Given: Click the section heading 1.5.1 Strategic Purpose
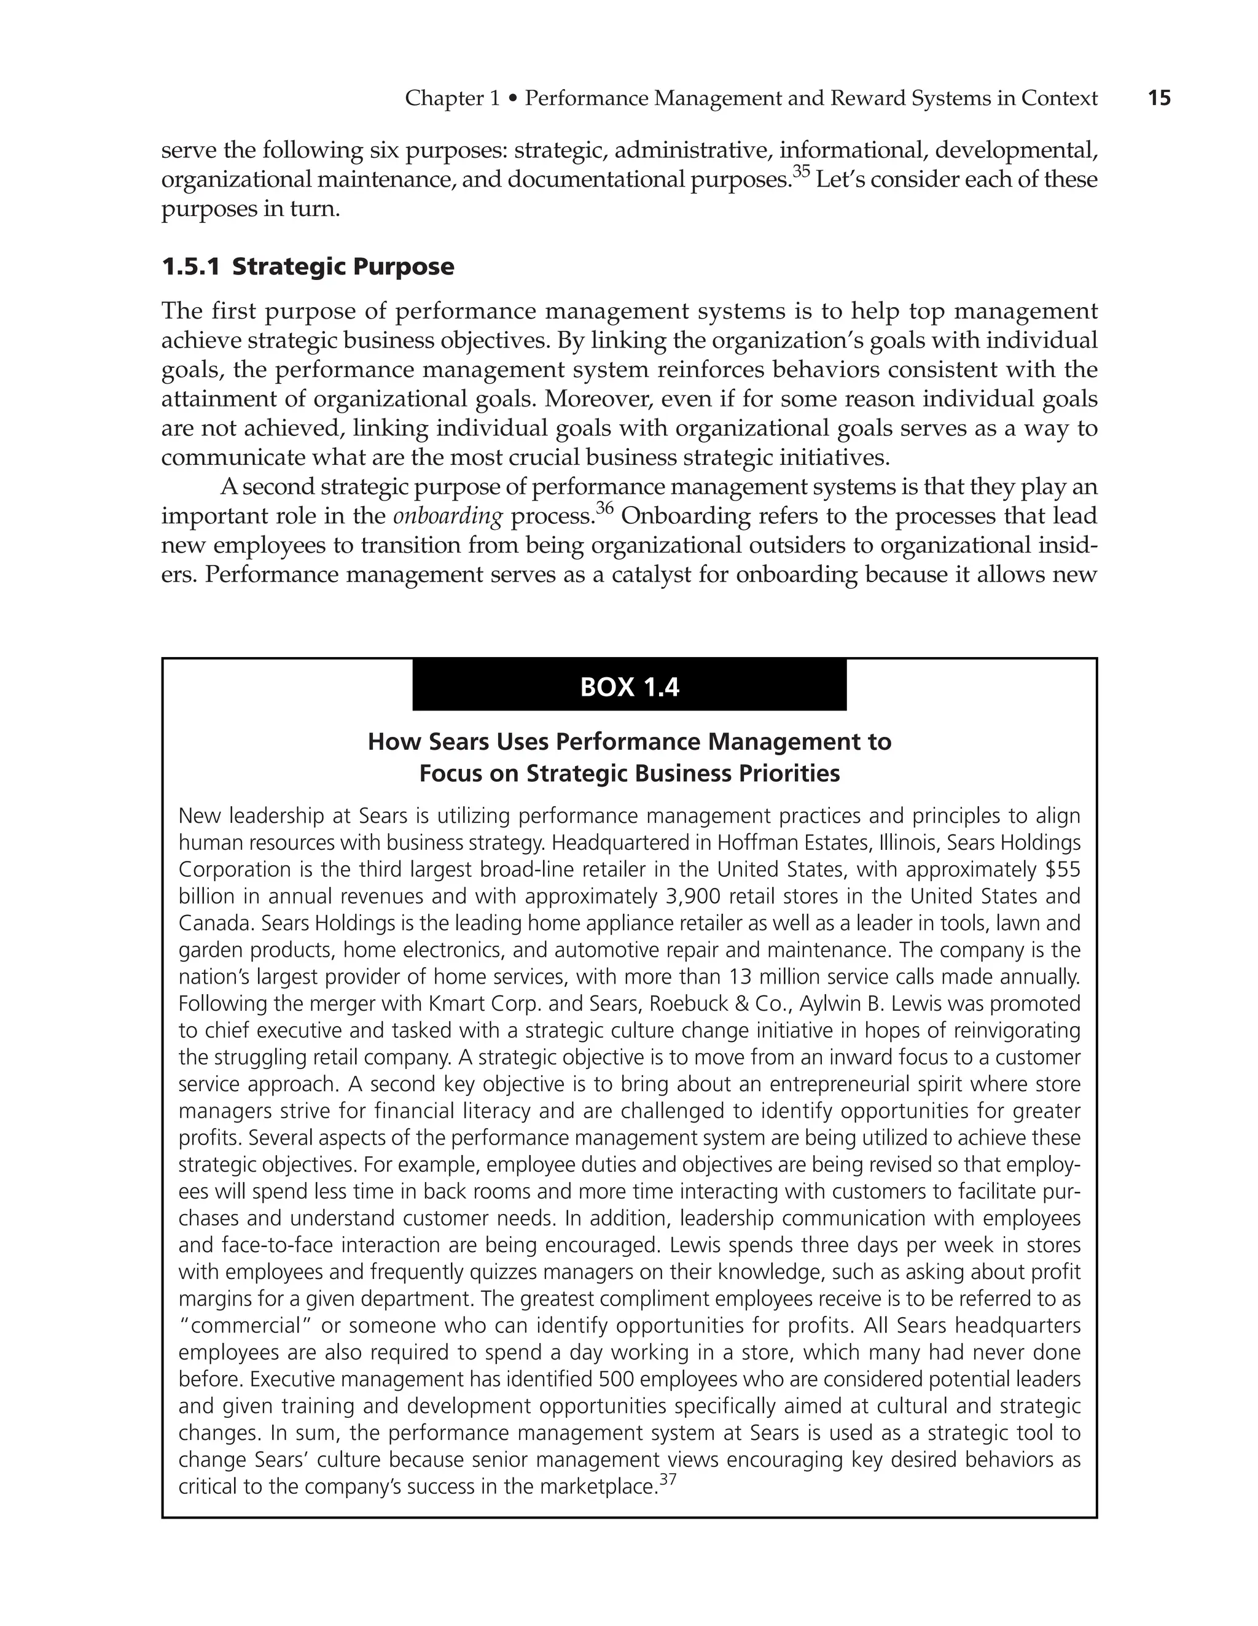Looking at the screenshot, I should coord(307,266).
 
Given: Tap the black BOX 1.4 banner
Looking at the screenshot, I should coord(630,687).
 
